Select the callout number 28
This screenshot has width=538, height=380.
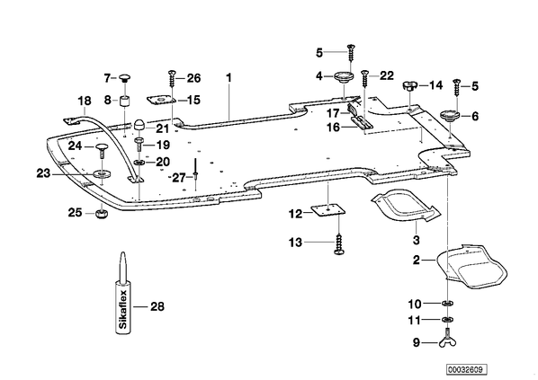(157, 306)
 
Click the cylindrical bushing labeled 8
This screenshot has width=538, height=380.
(126, 102)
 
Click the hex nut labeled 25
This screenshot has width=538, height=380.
(102, 215)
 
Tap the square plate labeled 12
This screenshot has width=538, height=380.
(328, 209)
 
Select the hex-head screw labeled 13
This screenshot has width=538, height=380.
(338, 243)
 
